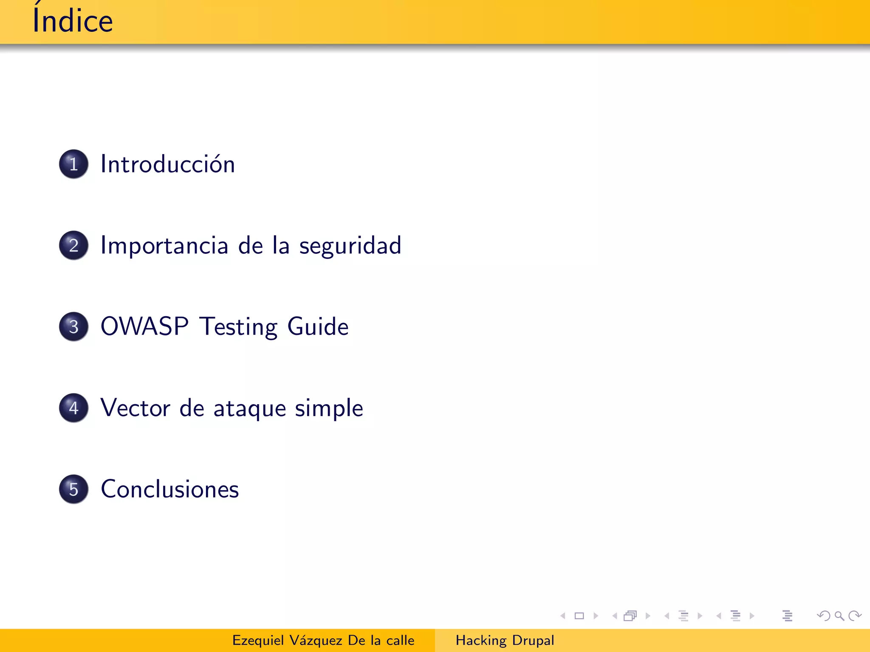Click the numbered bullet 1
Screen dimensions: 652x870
[74, 164]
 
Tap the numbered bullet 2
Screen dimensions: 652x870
[74, 245]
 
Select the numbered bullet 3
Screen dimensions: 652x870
[74, 326]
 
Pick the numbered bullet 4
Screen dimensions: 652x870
[74, 408]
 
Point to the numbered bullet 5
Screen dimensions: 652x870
[74, 489]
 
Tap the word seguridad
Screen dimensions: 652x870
[350, 246]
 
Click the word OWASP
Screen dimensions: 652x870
[144, 326]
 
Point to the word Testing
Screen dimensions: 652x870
[239, 327]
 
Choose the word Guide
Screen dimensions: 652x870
[318, 326]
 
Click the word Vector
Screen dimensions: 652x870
[136, 408]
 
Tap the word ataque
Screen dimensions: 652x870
[250, 409]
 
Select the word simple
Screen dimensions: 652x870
[329, 409]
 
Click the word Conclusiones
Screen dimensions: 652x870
[170, 489]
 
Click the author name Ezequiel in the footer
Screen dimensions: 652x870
[258, 641]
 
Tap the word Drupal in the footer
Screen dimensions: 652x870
[533, 641]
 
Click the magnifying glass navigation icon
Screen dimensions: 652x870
[839, 616]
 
